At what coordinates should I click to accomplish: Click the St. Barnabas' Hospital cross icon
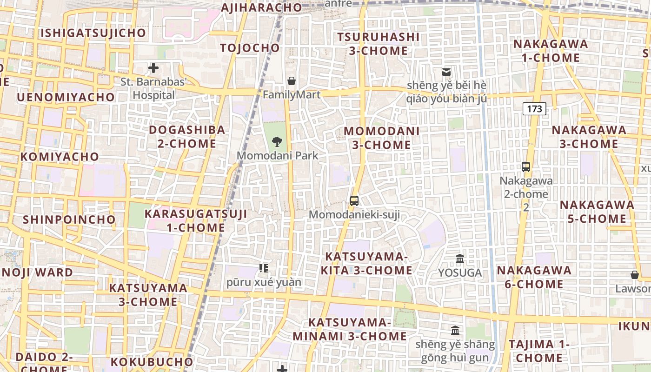pyautogui.click(x=153, y=68)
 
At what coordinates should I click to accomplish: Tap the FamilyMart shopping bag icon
pyautogui.click(x=292, y=81)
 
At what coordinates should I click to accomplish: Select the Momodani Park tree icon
pyautogui.click(x=277, y=141)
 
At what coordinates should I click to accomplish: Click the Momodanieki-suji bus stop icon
pyautogui.click(x=354, y=201)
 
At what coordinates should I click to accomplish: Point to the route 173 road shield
pyautogui.click(x=534, y=109)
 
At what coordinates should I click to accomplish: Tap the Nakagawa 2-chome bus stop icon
pyautogui.click(x=526, y=166)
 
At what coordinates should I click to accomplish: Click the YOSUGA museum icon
pyautogui.click(x=460, y=259)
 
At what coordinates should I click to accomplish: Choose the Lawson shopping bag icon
pyautogui.click(x=635, y=275)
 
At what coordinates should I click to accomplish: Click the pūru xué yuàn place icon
pyautogui.click(x=264, y=268)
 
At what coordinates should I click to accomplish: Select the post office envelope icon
pyautogui.click(x=446, y=72)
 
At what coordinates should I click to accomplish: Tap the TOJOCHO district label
pyautogui.click(x=250, y=48)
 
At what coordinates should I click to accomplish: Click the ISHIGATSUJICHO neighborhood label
pyautogui.click(x=93, y=33)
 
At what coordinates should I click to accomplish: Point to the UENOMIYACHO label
pyautogui.click(x=66, y=97)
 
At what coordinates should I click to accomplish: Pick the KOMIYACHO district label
pyautogui.click(x=60, y=157)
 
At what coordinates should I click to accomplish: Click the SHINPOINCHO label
pyautogui.click(x=69, y=219)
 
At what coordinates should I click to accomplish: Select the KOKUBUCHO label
pyautogui.click(x=152, y=362)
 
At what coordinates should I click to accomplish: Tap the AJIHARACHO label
pyautogui.click(x=261, y=8)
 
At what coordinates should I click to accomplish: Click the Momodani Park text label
pyautogui.click(x=278, y=155)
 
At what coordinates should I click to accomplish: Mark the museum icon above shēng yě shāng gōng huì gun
pyautogui.click(x=455, y=331)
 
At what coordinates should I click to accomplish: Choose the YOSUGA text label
pyautogui.click(x=460, y=273)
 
